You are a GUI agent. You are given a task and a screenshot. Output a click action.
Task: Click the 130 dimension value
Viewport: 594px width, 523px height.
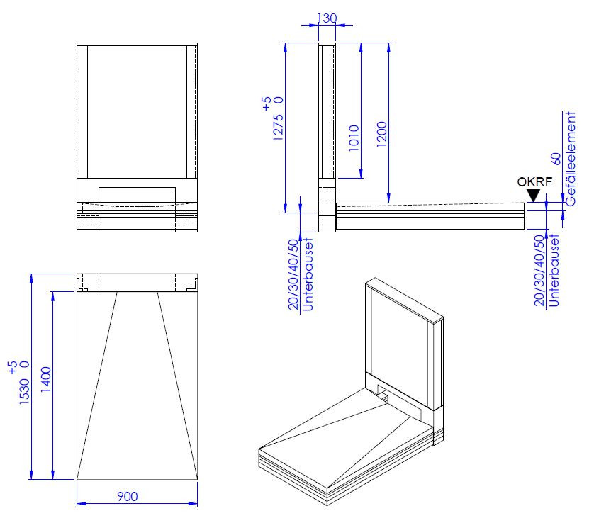coord(327,18)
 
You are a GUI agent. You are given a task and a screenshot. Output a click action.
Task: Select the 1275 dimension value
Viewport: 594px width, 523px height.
coord(278,128)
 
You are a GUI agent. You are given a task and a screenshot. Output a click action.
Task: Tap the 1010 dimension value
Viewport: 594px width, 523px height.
coord(354,138)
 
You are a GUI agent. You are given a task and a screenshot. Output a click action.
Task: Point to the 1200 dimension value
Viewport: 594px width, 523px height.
coord(382,135)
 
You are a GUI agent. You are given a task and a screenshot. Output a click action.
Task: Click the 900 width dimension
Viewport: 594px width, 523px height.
coord(128,496)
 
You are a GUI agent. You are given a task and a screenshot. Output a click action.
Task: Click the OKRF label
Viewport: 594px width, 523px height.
coord(534,182)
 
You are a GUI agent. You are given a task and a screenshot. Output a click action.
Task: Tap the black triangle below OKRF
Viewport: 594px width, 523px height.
coord(533,196)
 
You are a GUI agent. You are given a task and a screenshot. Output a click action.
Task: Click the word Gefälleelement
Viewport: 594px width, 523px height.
coord(570,159)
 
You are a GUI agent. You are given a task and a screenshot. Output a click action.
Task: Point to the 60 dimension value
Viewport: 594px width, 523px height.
coord(556,159)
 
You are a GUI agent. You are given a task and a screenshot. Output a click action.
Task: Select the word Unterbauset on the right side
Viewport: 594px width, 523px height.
coord(554,271)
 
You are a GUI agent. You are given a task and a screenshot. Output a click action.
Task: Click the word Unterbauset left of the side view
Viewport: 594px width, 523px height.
coord(308,274)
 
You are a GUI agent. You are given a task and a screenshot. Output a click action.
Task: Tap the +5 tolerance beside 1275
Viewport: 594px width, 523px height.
coord(267,103)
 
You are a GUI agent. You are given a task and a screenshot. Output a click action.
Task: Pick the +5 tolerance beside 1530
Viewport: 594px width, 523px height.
coord(12,367)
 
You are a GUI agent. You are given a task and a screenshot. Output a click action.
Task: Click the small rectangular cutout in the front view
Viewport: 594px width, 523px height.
coord(137,195)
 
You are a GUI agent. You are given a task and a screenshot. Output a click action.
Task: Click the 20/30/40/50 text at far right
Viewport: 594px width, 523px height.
coord(539,271)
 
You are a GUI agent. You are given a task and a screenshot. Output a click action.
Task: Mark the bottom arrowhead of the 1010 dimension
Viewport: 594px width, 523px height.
coord(361,174)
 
